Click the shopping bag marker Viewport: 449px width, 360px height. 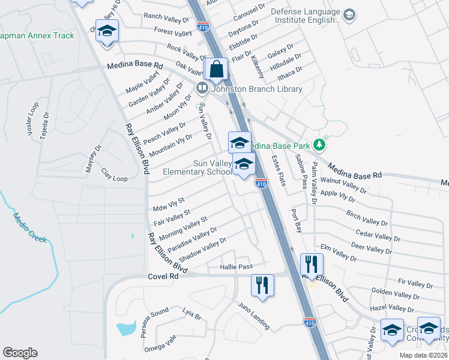point(215,70)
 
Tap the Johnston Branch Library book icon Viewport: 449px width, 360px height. point(202,89)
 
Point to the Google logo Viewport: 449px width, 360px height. point(20,353)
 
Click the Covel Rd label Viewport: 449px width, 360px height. point(163,276)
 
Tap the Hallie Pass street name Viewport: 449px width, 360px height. point(237,266)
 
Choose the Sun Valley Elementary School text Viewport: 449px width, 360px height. point(197,167)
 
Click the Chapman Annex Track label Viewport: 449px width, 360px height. point(37,35)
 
